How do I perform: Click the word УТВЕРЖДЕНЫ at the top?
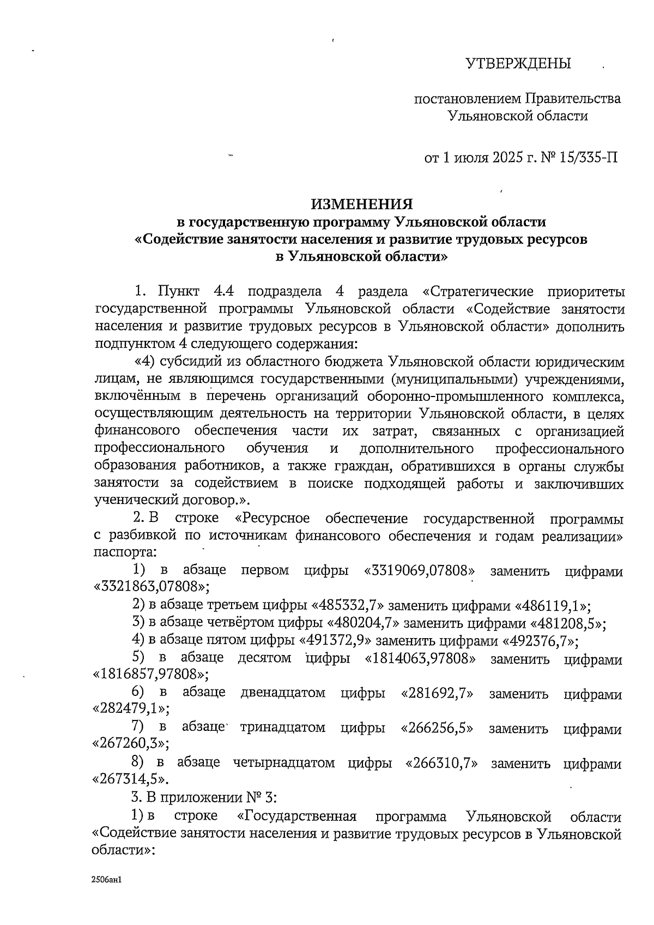click(x=518, y=64)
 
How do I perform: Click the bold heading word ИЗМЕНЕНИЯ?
click(x=361, y=204)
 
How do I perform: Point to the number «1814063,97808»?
click(x=419, y=658)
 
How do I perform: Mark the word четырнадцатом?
click(x=283, y=762)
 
